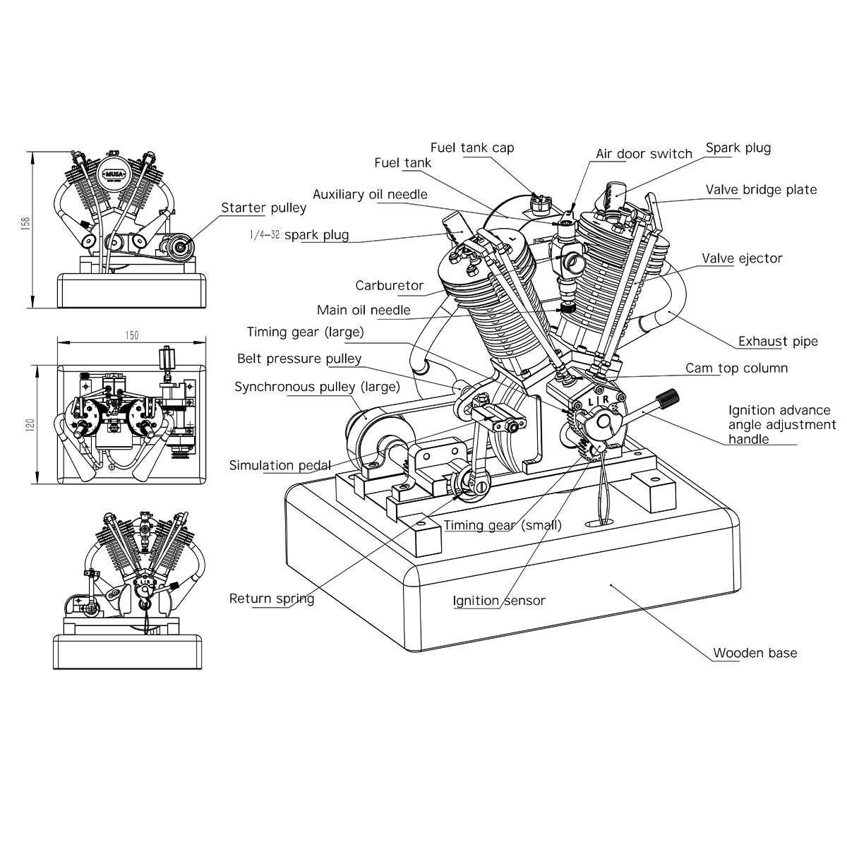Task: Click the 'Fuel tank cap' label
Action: click(x=472, y=148)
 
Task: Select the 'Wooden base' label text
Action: click(x=755, y=653)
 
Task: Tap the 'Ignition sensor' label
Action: click(x=499, y=601)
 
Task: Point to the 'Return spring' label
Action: click(x=271, y=599)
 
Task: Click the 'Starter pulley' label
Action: click(x=264, y=208)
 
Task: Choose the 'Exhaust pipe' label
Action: click(x=778, y=342)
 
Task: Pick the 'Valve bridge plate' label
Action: click(x=761, y=190)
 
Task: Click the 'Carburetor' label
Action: click(x=389, y=286)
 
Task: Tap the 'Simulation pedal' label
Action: click(x=280, y=465)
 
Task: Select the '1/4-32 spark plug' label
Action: click(x=299, y=234)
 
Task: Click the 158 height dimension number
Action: click(x=26, y=223)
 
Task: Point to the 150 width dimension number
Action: click(x=132, y=335)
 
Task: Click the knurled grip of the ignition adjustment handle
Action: click(x=667, y=398)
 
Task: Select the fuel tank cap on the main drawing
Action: click(x=540, y=203)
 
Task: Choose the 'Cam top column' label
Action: click(x=736, y=368)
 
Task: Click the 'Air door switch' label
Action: click(x=644, y=154)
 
